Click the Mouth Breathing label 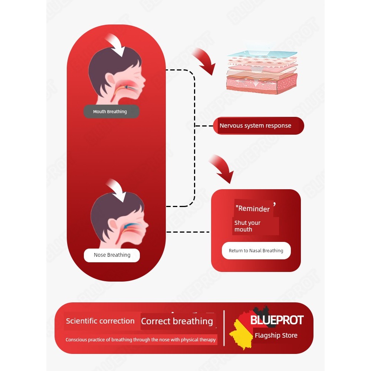111,111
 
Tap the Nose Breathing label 112,255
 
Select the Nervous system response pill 258,126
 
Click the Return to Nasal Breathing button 256,250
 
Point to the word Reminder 254,209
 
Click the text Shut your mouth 247,226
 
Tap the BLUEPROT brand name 277,320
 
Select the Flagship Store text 276,335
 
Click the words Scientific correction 100,321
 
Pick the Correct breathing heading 177,321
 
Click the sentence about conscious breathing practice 141,340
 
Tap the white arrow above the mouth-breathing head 115,45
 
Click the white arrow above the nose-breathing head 116,190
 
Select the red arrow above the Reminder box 221,168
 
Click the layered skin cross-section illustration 262,72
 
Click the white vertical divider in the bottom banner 224,328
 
